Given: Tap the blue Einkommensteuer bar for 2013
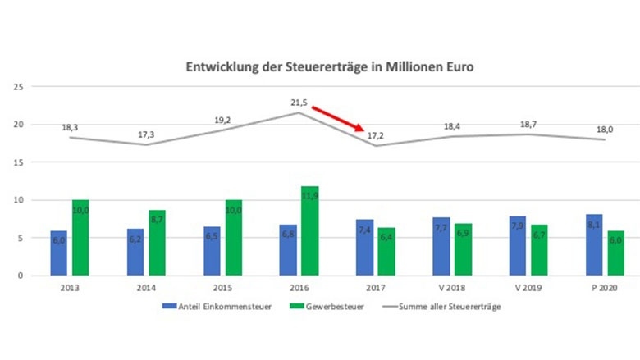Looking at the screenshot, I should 59,253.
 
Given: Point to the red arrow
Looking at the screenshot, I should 337,117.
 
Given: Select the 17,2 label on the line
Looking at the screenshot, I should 375,133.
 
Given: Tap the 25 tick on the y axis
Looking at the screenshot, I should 16,86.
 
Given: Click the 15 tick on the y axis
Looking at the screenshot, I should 16,162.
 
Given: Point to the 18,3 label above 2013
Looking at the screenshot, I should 70,127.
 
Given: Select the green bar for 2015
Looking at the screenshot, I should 234,238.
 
